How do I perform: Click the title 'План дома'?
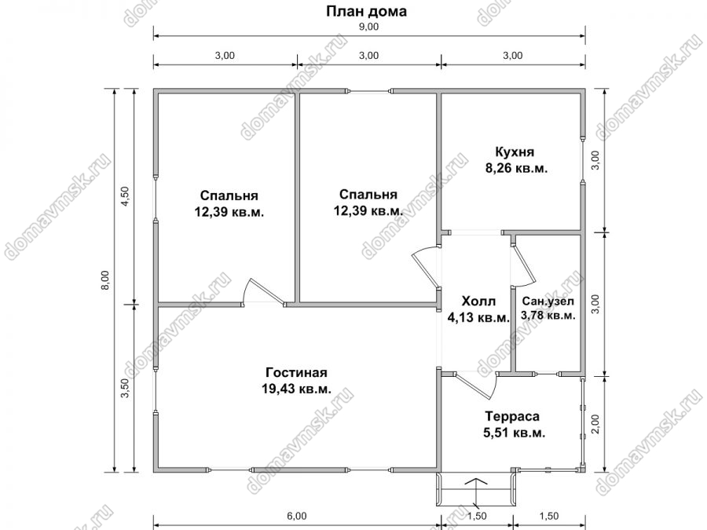click(x=366, y=11)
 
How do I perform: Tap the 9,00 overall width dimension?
click(x=368, y=27)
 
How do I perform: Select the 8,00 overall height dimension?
click(x=105, y=280)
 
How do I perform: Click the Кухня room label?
click(x=515, y=152)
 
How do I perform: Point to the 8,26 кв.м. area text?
click(x=516, y=169)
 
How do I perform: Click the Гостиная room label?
click(x=296, y=373)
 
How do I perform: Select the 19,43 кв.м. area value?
click(x=296, y=389)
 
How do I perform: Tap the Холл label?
click(x=478, y=301)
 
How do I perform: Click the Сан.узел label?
click(x=548, y=301)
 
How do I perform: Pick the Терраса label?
click(x=511, y=416)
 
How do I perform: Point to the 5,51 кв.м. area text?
click(x=515, y=433)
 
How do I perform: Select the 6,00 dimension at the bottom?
click(x=296, y=517)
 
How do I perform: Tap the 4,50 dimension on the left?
click(x=126, y=196)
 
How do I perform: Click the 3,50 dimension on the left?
click(x=126, y=388)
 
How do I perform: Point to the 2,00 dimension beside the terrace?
click(x=595, y=424)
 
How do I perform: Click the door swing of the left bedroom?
click(x=264, y=292)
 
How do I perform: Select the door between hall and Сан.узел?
click(x=523, y=265)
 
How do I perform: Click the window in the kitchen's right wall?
click(x=583, y=159)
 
